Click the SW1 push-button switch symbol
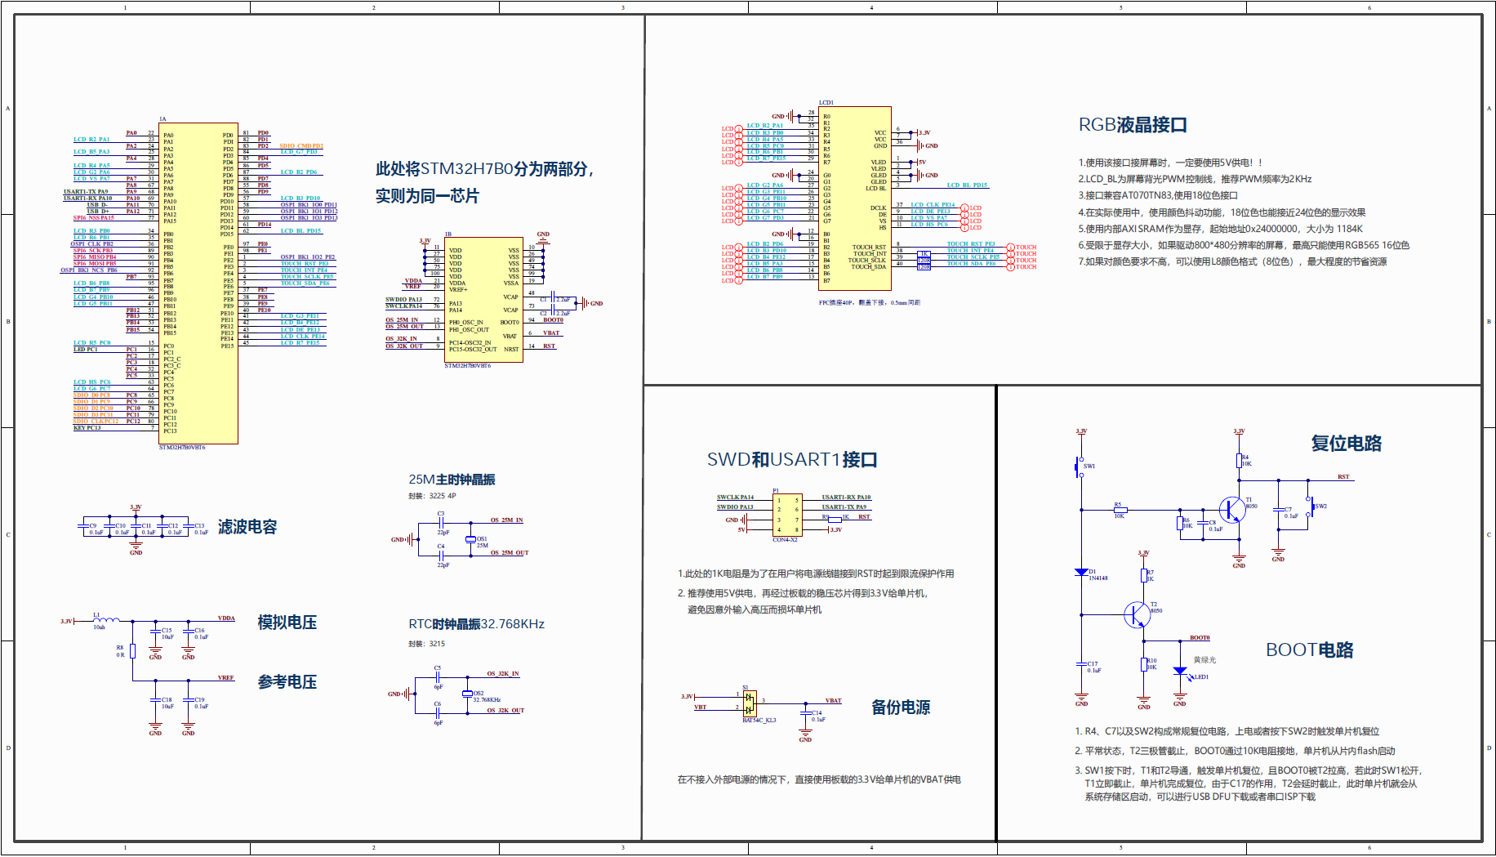pos(1078,467)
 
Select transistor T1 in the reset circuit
pos(1233,509)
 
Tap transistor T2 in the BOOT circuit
pos(1138,614)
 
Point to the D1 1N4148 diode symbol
pos(1081,573)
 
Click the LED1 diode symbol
pos(1180,672)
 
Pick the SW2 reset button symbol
pos(1310,507)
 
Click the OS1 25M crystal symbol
pos(470,539)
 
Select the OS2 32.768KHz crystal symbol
pos(467,694)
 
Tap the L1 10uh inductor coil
pos(105,621)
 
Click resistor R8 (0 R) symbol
pos(132,651)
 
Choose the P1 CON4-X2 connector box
pos(787,515)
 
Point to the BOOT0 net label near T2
pos(1200,638)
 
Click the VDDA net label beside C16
pos(226,618)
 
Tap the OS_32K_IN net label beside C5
pos(503,674)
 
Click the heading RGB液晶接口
pos(1133,125)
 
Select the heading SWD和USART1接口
pos(791,460)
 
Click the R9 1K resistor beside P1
pos(835,518)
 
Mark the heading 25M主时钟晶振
pos(452,480)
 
